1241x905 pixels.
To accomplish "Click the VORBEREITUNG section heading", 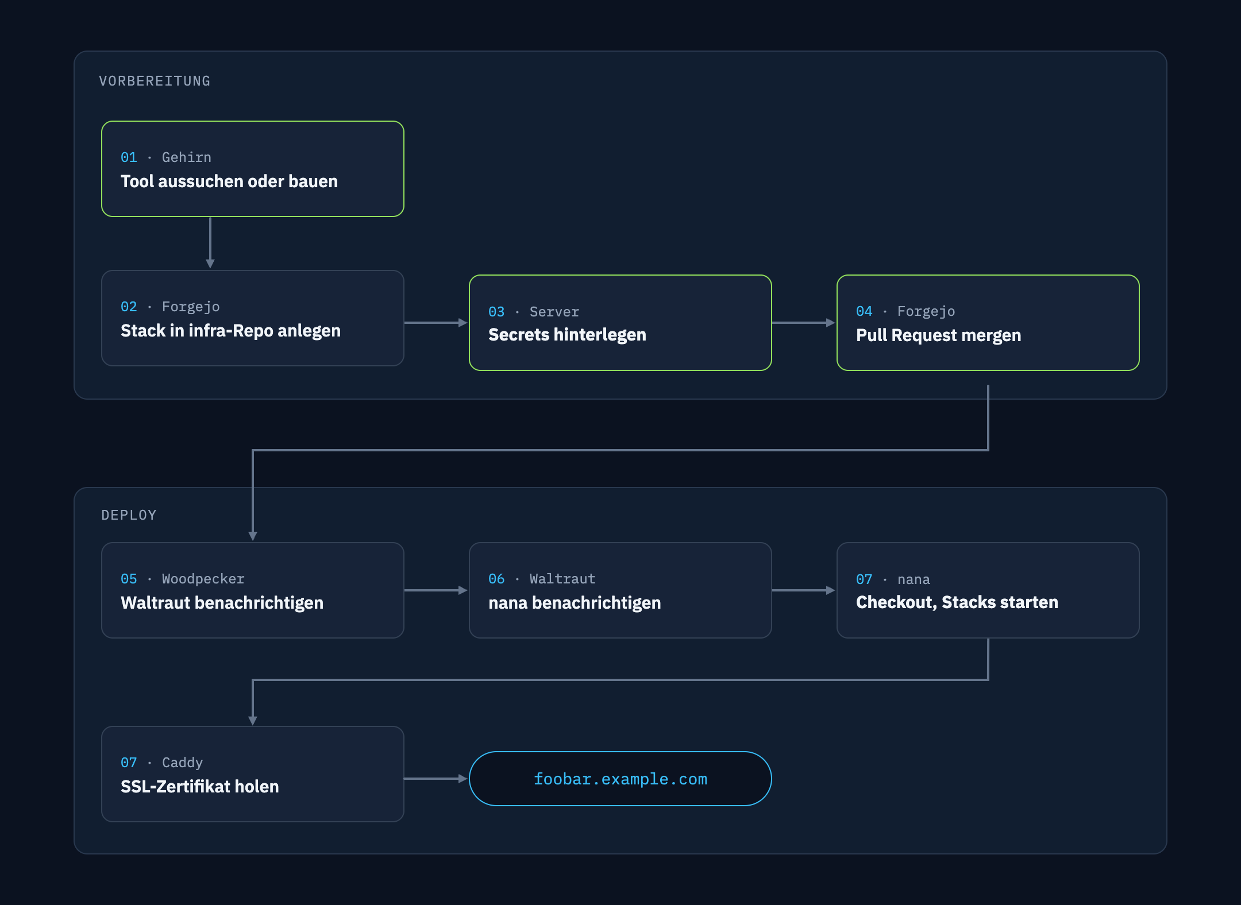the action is (155, 81).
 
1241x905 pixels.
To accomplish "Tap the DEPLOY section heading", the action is (129, 515).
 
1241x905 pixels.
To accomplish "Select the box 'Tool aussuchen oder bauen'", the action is (253, 169).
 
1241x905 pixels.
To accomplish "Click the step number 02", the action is (129, 307).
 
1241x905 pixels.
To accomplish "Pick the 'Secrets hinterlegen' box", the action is (620, 323).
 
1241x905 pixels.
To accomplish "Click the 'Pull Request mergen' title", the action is (938, 335).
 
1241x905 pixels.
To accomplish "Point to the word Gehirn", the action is (187, 157).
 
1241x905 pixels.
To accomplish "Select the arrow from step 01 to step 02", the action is (210, 243).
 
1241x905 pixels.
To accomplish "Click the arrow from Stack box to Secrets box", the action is (436, 323).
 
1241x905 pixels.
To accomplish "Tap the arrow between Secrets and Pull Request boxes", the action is (804, 323).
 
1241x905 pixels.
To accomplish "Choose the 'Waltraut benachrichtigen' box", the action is (253, 590).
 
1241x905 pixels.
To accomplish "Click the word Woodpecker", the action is (203, 579).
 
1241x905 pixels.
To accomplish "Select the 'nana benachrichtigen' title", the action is (575, 603).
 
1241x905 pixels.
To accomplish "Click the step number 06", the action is (496, 579).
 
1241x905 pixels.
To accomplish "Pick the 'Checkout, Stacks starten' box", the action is (988, 590).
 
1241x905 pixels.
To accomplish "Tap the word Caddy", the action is (182, 763).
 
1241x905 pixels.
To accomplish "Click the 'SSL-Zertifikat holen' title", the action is (200, 787).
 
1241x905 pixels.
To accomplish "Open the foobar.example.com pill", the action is (620, 779).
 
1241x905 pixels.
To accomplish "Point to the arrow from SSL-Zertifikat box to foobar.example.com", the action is (436, 779).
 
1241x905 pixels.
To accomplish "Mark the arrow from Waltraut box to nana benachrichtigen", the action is (436, 590).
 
